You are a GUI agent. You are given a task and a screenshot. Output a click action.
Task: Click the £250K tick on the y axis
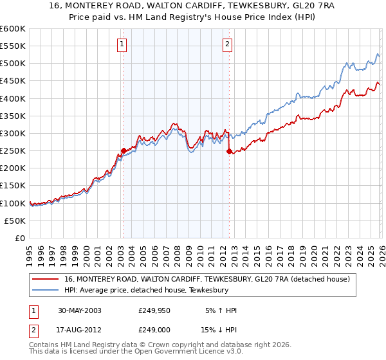point(13,151)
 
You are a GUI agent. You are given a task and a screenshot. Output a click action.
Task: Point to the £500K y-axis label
point(13,64)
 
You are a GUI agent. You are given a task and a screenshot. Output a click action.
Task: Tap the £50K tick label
point(15,221)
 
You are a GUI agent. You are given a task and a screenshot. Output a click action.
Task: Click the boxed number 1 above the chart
point(122,44)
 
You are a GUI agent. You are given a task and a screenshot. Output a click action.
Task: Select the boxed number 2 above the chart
point(228,44)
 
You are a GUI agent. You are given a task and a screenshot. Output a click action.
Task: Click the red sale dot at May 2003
point(124,151)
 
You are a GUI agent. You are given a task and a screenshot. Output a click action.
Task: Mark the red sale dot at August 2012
point(229,152)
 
